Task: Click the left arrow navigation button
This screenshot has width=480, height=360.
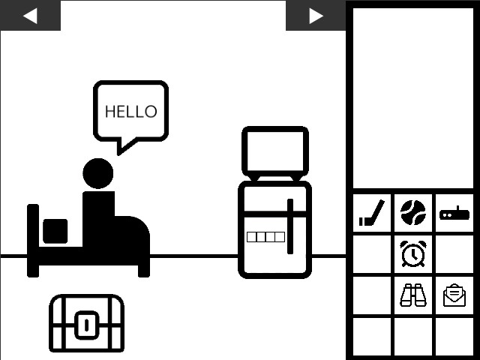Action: (30, 15)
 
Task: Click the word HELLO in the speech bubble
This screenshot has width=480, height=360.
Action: (131, 112)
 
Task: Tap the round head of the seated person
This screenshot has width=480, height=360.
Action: (98, 173)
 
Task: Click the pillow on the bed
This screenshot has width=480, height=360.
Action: (55, 231)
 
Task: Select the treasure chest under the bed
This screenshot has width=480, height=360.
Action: (86, 323)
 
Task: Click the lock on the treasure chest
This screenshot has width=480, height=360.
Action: (87, 325)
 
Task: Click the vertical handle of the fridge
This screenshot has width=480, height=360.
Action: (289, 226)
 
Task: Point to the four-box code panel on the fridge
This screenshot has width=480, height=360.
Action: (265, 237)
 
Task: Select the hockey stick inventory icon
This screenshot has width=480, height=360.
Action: (371, 214)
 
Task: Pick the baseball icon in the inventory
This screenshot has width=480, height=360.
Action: (412, 213)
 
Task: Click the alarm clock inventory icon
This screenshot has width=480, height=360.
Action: (412, 253)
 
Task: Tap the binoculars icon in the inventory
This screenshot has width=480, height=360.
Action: (412, 295)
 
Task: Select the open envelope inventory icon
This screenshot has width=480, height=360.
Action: (454, 296)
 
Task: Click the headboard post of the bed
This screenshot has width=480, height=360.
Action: (33, 240)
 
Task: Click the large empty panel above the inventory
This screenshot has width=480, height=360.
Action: (412, 97)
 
